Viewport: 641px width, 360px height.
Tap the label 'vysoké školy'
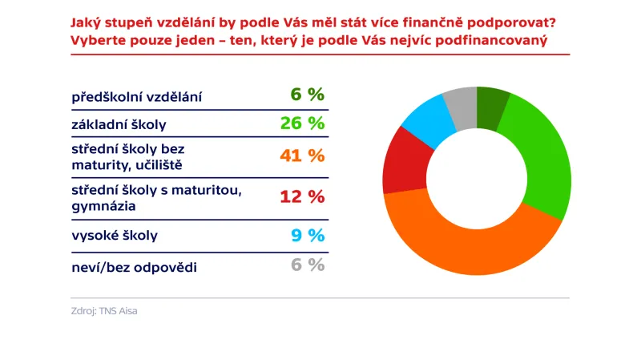coord(115,236)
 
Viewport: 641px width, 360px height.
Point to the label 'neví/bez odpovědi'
coord(134,266)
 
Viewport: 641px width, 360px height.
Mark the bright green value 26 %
coord(301,123)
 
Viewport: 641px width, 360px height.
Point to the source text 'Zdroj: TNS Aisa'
coord(103,311)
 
